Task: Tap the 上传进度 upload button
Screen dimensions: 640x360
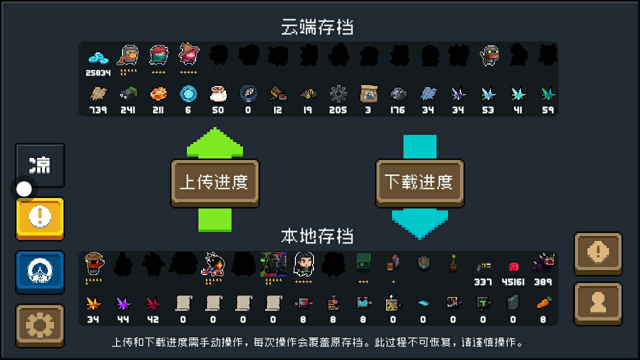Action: pyautogui.click(x=215, y=183)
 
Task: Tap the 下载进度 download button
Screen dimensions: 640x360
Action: pyautogui.click(x=419, y=183)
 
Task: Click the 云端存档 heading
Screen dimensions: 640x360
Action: pyautogui.click(x=317, y=27)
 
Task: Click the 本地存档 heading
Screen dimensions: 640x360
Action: pyautogui.click(x=317, y=236)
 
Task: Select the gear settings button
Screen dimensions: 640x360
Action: pyautogui.click(x=40, y=325)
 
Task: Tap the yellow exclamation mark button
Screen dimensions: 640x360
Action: pyautogui.click(x=40, y=219)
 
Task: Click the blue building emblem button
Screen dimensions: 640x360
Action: pyautogui.click(x=40, y=272)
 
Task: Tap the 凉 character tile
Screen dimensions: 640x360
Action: pyautogui.click(x=40, y=165)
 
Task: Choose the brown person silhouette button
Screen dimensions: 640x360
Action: pyautogui.click(x=598, y=303)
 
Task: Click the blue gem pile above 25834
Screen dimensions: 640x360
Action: pyautogui.click(x=98, y=58)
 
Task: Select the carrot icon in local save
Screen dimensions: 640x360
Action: pyautogui.click(x=543, y=303)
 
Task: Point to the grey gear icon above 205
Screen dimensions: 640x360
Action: pyautogui.click(x=338, y=93)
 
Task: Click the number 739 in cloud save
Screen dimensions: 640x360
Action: pyautogui.click(x=98, y=110)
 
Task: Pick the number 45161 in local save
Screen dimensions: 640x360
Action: pyautogui.click(x=513, y=282)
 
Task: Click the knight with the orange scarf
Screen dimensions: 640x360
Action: pyautogui.click(x=127, y=55)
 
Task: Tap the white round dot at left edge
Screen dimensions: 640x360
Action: pyautogui.click(x=24, y=189)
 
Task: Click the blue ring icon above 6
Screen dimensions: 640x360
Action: pyautogui.click(x=188, y=93)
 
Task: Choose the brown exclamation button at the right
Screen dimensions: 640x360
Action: pyautogui.click(x=598, y=253)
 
